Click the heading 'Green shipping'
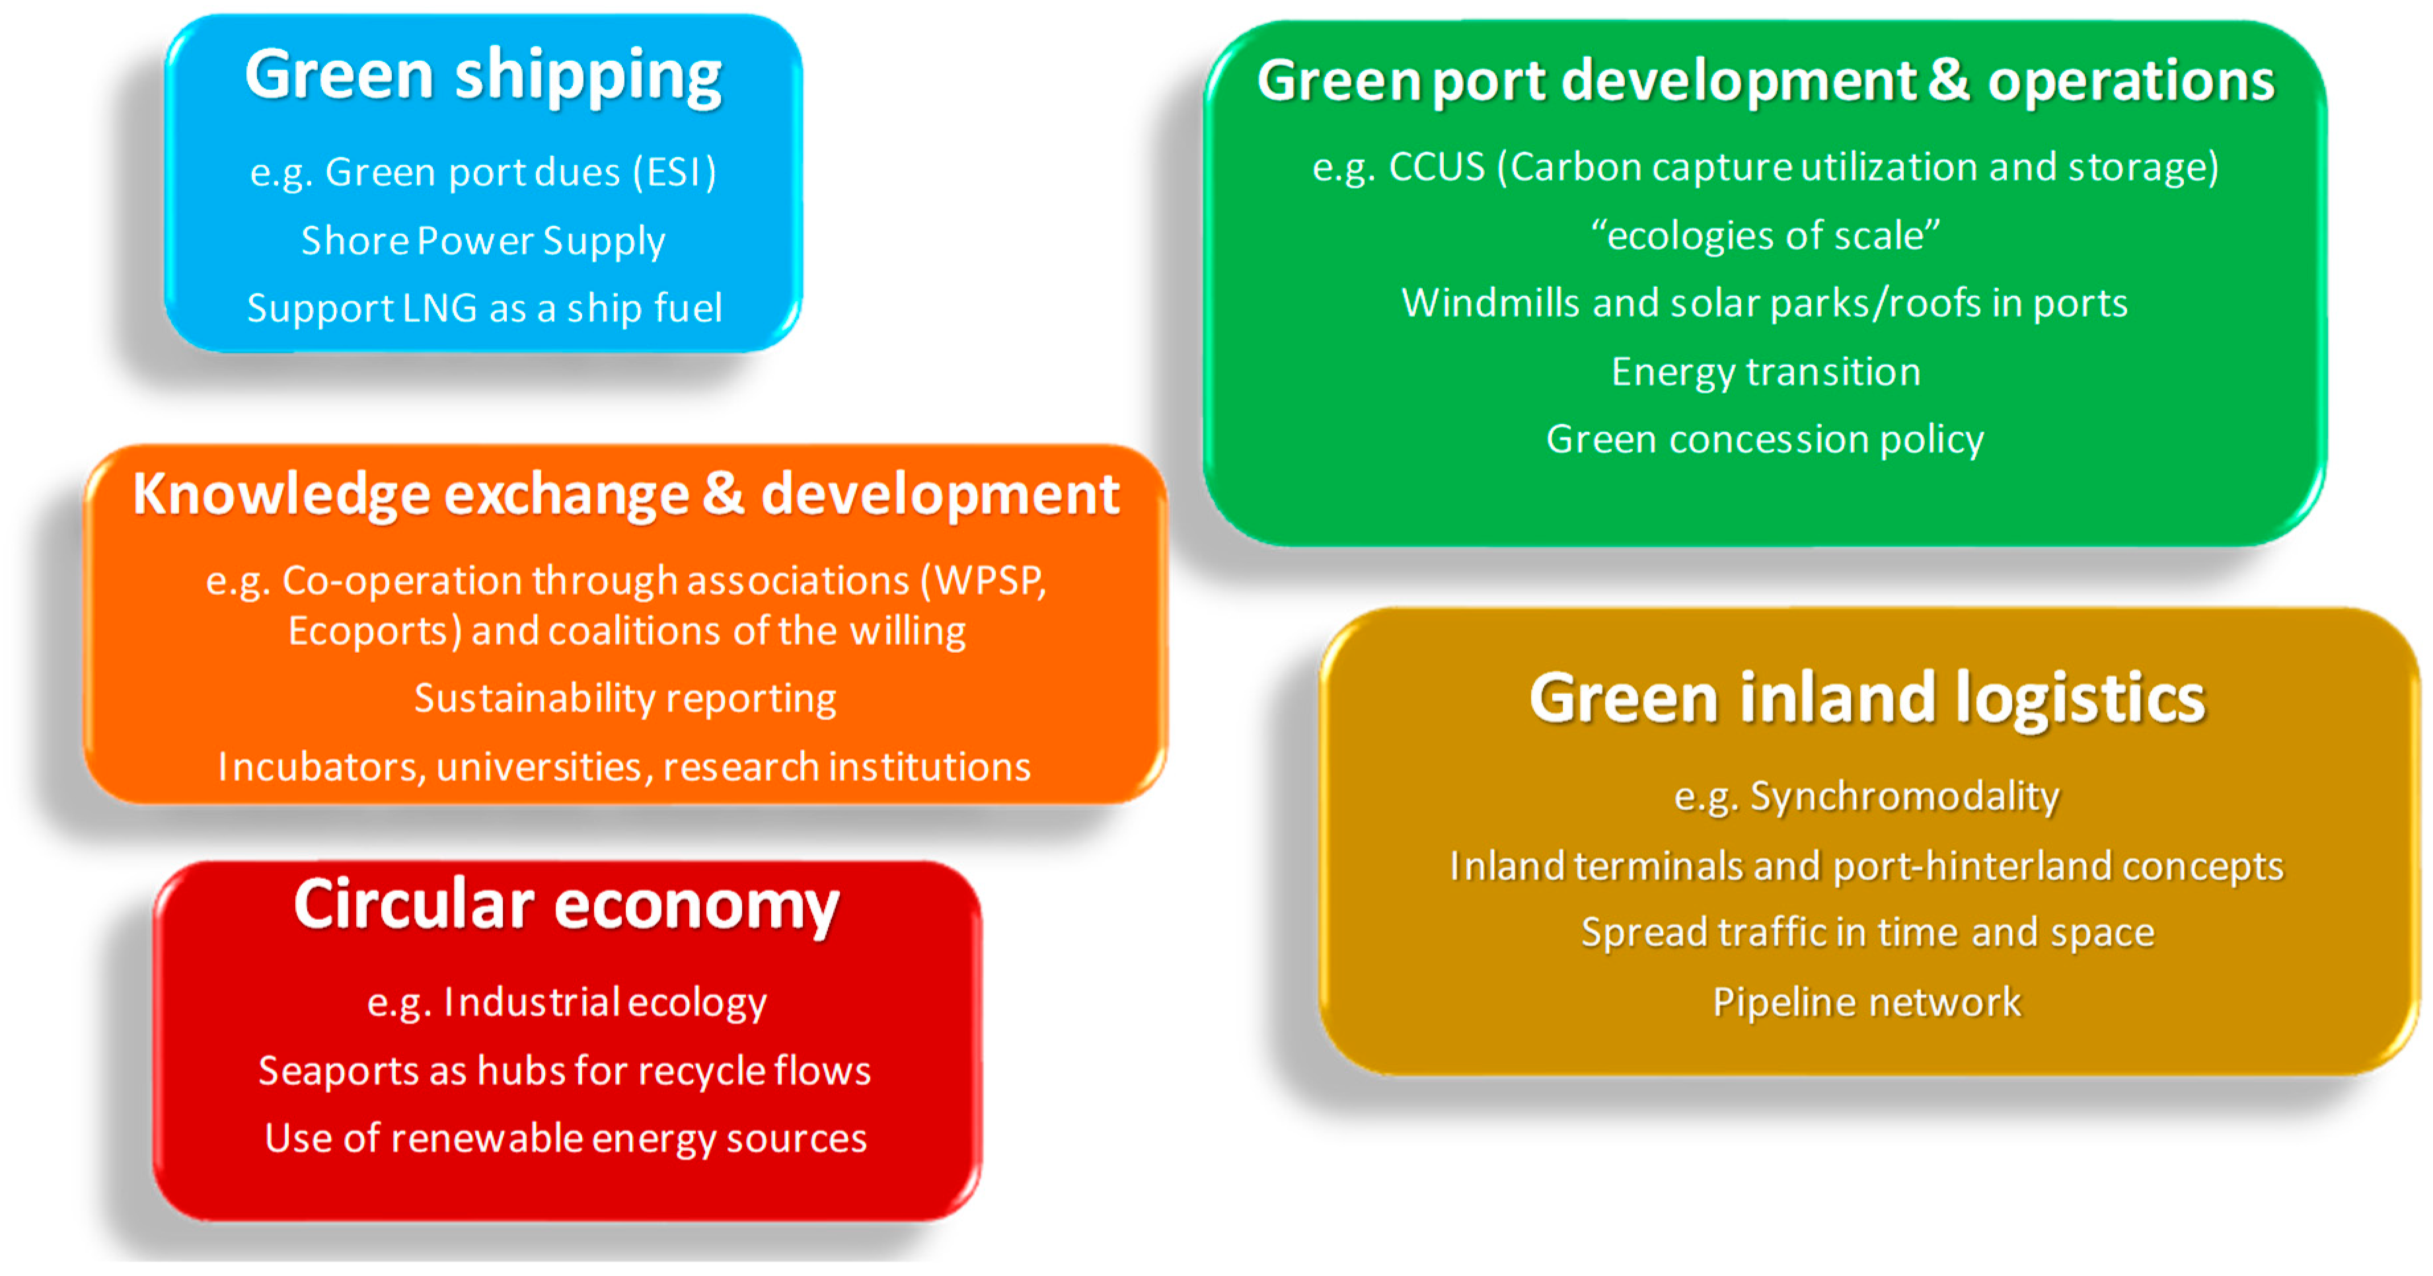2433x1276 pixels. click(482, 75)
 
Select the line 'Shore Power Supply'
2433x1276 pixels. click(482, 241)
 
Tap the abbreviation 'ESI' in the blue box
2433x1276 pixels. click(675, 172)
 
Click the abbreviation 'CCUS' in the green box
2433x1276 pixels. click(1437, 167)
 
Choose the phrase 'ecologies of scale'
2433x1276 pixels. click(1764, 235)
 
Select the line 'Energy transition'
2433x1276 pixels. click(1765, 372)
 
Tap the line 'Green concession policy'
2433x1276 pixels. click(1764, 439)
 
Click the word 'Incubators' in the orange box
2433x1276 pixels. click(318, 767)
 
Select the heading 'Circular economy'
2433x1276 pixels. click(566, 905)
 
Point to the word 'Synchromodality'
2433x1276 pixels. click(1904, 796)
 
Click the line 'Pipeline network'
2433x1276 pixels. click(1866, 1002)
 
